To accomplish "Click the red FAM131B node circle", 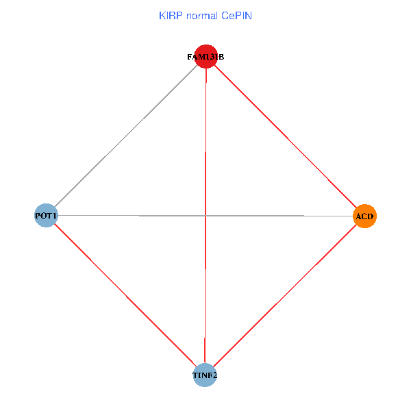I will [206, 57].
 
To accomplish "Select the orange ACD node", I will [365, 216].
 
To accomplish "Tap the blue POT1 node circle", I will [46, 216].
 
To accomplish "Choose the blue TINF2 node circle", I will [205, 375].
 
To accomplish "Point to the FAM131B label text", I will [206, 57].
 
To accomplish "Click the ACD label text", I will [365, 216].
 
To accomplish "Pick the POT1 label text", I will [46, 216].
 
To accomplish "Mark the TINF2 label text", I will [205, 375].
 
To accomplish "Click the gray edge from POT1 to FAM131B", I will [125, 136].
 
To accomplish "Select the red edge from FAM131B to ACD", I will [285, 136].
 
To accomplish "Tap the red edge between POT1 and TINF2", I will [125, 296].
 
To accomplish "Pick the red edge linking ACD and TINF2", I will [285, 296].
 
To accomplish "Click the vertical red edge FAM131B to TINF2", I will [206, 137].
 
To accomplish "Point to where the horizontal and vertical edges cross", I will [206, 216].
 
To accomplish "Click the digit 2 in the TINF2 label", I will [216, 375].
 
